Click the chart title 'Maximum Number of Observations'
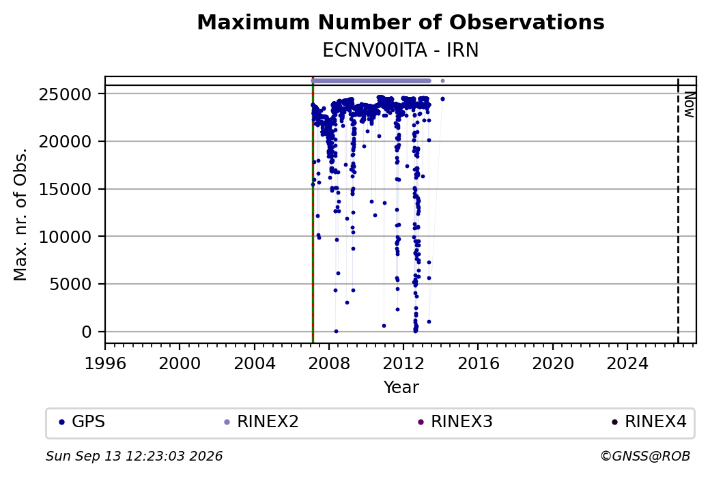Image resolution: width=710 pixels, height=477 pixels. pyautogui.click(x=401, y=22)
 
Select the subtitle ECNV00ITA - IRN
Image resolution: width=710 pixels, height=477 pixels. pyautogui.click(x=401, y=50)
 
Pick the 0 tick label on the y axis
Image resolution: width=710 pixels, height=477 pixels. pyautogui.click(x=87, y=332)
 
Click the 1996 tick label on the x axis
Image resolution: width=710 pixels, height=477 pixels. pyautogui.click(x=105, y=363)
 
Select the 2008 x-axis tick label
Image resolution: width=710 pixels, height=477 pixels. pyautogui.click(x=329, y=363)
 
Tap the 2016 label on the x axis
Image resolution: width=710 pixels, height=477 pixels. pyautogui.click(x=478, y=363)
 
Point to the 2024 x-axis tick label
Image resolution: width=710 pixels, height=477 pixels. pyautogui.click(x=627, y=363)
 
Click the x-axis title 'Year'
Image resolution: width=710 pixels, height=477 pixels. pyautogui.click(x=401, y=388)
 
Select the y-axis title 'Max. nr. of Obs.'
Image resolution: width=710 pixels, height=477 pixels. pyautogui.click(x=20, y=214)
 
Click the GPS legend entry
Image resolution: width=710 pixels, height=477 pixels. pyautogui.click(x=82, y=422)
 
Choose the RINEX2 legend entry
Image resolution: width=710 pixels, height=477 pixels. pyautogui.click(x=261, y=422)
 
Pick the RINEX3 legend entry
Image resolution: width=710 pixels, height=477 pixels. pyautogui.click(x=455, y=422)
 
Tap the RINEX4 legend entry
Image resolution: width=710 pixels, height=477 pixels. pyautogui.click(x=649, y=422)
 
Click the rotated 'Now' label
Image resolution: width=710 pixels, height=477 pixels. pyautogui.click(x=689, y=104)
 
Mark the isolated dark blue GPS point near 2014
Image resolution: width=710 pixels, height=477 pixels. pyautogui.click(x=442, y=99)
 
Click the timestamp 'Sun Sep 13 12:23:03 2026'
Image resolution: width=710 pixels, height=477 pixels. pyautogui.click(x=134, y=456)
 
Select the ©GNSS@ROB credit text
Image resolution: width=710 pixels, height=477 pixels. pyautogui.click(x=645, y=456)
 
